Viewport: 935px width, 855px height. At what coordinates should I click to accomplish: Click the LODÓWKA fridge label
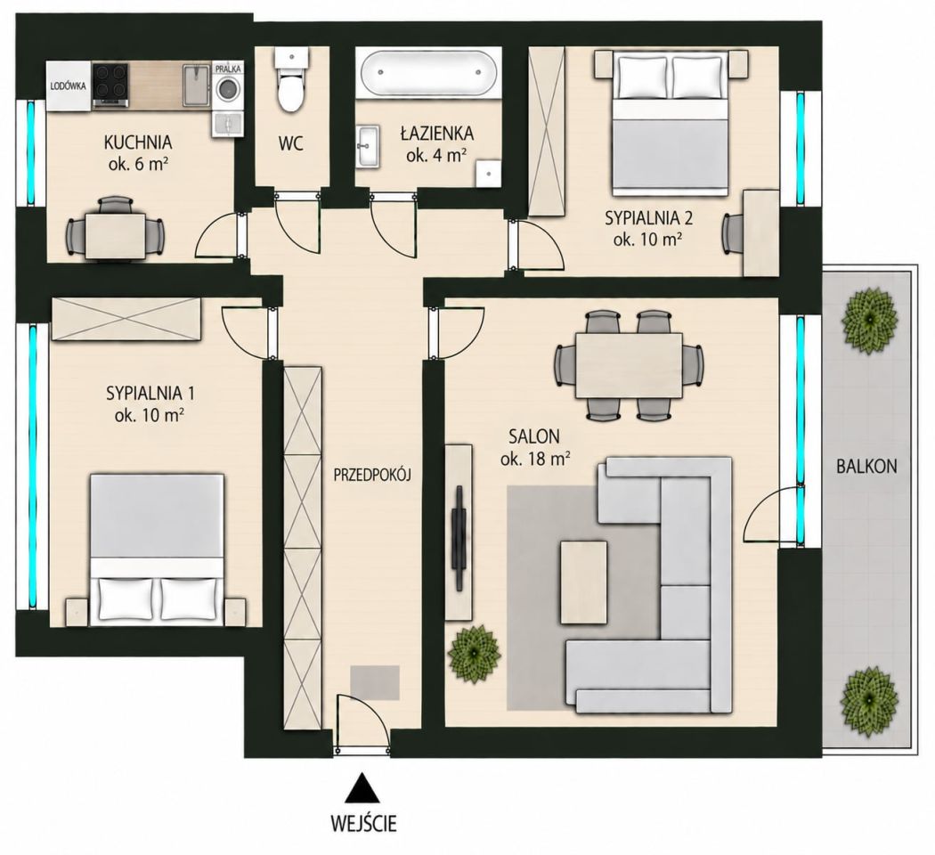tap(68, 85)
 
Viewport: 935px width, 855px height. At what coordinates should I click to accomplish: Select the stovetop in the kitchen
tap(111, 85)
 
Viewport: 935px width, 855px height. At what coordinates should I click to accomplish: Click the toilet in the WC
tap(291, 81)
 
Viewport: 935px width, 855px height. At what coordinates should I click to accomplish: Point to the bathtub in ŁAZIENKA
tap(427, 71)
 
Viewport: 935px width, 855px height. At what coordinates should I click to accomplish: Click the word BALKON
tap(866, 466)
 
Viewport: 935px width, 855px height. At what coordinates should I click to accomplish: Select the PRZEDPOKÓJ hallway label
tap(373, 475)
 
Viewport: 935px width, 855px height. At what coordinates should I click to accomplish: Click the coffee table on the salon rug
tap(583, 582)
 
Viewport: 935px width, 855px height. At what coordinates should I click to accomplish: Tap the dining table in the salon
tap(629, 366)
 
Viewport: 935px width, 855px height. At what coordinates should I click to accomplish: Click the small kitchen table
tap(115, 236)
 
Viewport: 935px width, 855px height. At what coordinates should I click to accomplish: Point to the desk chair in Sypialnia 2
tap(732, 234)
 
